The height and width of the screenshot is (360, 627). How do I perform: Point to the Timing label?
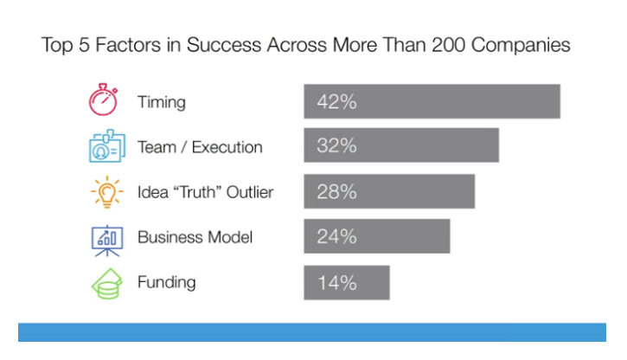(162, 102)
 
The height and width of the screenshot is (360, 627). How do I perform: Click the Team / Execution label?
(200, 147)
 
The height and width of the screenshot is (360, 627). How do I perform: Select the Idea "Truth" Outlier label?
(205, 192)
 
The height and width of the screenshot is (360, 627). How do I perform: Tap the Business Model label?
(195, 237)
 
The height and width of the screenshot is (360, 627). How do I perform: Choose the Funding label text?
(166, 282)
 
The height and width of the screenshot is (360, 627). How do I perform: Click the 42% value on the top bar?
(337, 102)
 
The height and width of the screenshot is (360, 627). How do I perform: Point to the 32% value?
(337, 146)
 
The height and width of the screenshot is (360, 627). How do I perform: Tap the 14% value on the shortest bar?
(337, 282)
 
